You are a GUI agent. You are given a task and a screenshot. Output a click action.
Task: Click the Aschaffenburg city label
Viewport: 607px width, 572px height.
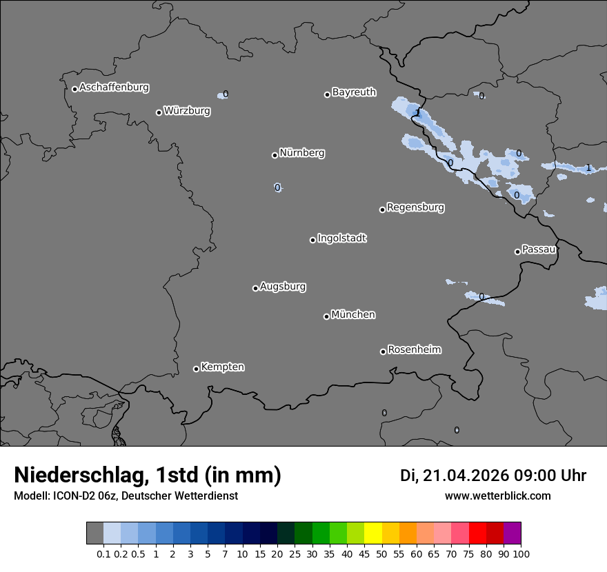(114, 88)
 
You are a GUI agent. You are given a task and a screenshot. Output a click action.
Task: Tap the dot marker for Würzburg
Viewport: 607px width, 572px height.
(159, 112)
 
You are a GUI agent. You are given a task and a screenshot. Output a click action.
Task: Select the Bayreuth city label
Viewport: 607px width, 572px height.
(354, 92)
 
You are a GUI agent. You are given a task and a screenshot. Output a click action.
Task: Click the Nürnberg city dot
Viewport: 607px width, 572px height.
(275, 155)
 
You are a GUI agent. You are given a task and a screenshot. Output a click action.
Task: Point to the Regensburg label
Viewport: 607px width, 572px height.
(415, 207)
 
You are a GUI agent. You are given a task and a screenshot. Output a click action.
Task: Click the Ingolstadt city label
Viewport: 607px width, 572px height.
(341, 238)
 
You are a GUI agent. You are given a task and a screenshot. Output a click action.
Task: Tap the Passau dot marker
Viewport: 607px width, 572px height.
(517, 252)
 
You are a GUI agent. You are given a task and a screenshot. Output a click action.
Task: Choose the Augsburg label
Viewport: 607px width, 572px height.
(283, 286)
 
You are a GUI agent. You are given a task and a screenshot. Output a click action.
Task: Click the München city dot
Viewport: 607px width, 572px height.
(326, 316)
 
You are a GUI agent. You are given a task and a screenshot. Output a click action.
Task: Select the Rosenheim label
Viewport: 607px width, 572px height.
(414, 349)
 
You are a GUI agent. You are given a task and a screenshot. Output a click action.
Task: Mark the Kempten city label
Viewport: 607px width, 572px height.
(222, 367)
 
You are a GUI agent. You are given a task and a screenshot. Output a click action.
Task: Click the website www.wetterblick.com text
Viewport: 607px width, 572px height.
(497, 496)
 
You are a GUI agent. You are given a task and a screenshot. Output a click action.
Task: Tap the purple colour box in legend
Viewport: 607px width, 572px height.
(512, 533)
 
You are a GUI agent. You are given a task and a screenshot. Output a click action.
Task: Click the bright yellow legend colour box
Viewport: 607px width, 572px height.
(373, 533)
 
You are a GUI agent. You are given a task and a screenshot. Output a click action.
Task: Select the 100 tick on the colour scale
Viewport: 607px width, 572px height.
(521, 553)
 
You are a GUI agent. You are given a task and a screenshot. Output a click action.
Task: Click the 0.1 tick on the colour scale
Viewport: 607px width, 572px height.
(103, 553)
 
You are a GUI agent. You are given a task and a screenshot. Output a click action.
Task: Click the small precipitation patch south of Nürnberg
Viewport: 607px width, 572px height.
(277, 187)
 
